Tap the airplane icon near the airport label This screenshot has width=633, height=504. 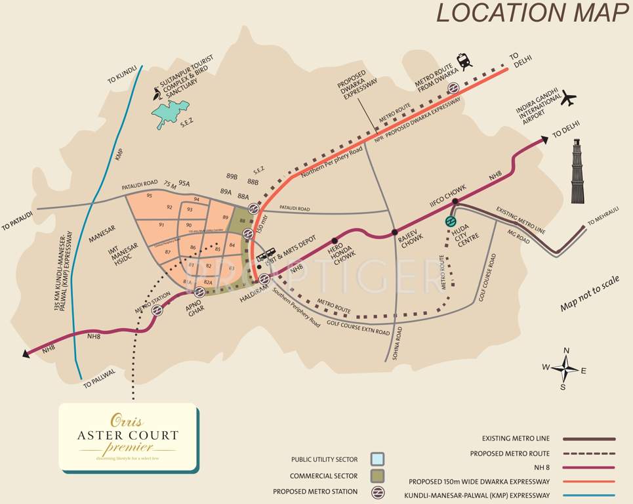click(569, 99)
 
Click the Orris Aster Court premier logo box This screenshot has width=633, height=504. click(129, 436)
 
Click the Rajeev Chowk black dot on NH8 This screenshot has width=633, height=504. click(394, 232)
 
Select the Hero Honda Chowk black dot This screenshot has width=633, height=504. click(335, 240)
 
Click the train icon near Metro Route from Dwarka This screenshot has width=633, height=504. click(465, 62)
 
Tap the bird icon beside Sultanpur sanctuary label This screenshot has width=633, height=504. click(156, 94)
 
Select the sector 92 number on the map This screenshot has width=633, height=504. click(169, 207)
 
